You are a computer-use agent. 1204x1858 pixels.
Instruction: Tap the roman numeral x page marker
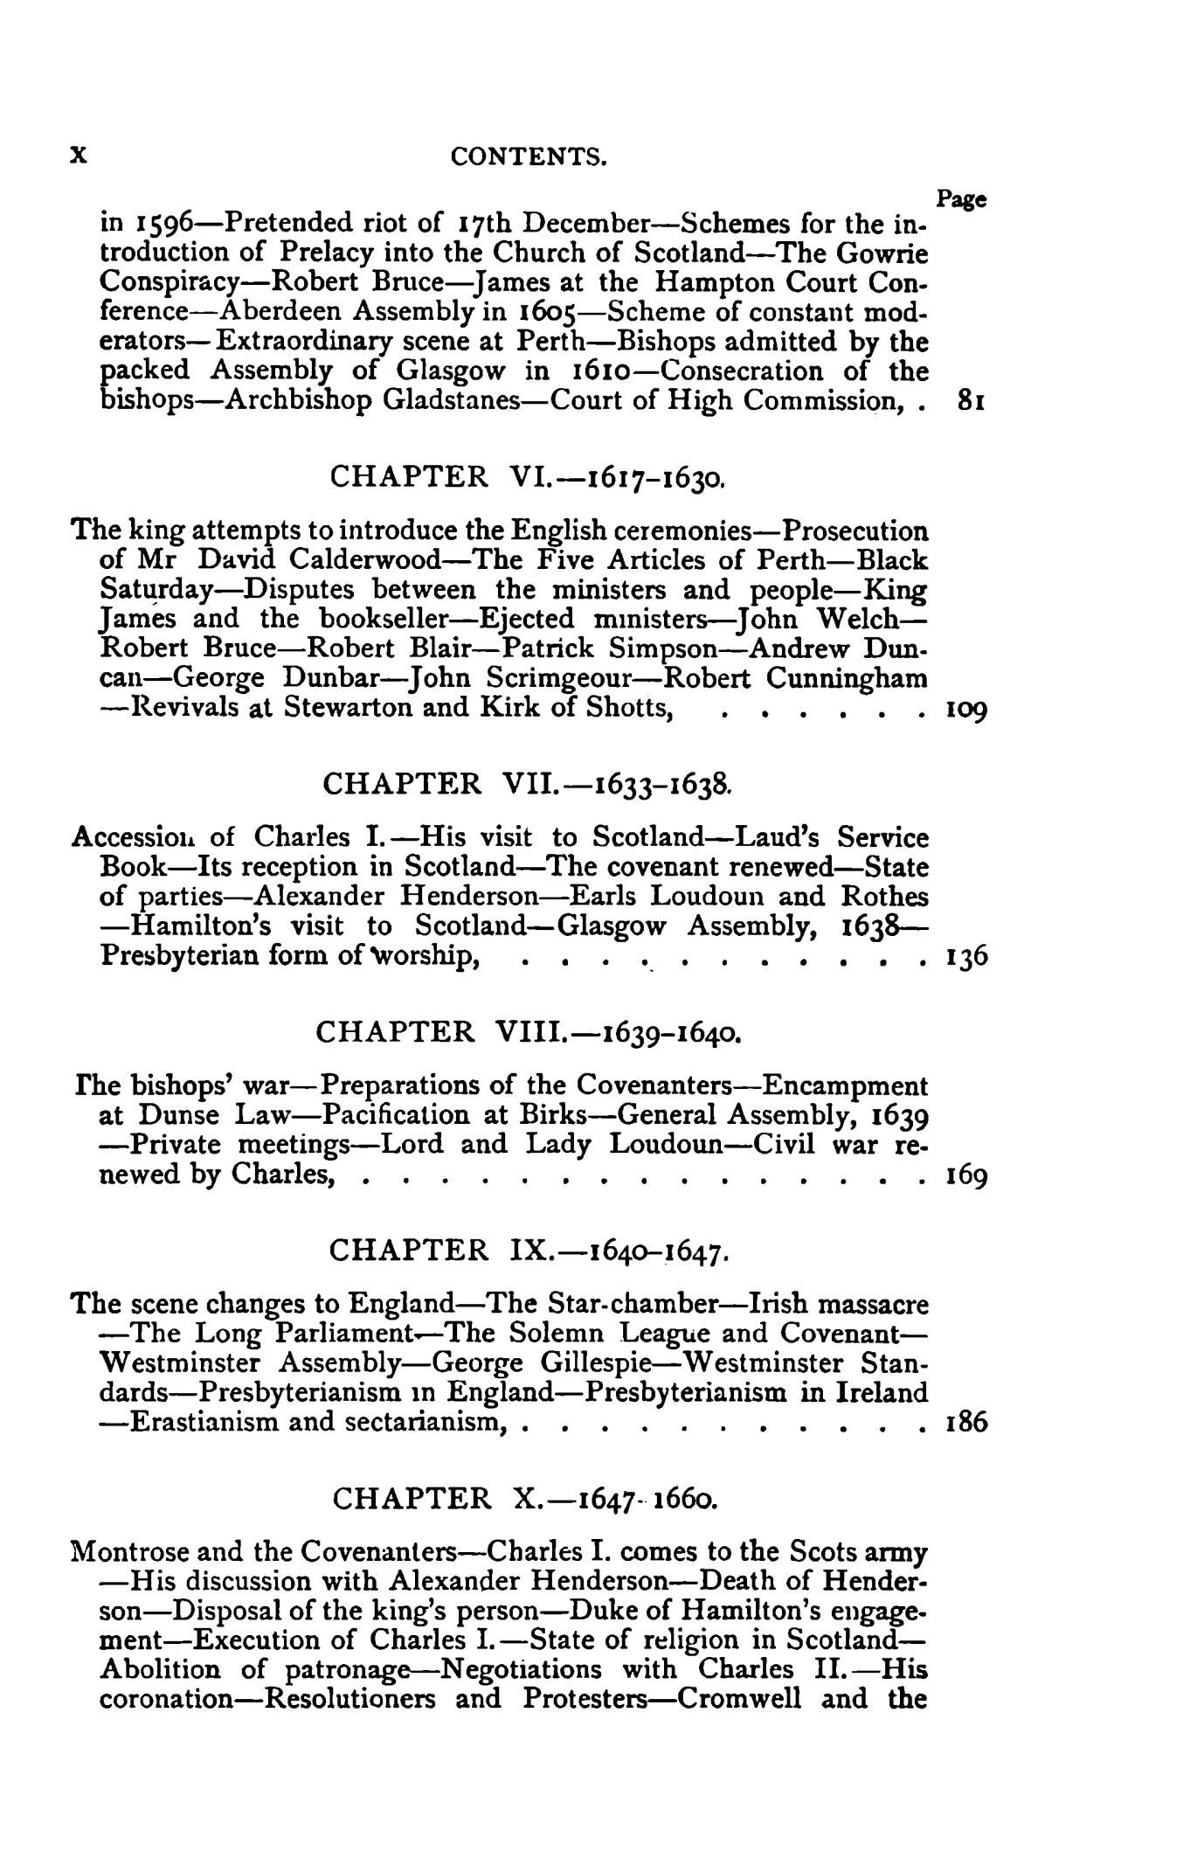[79, 155]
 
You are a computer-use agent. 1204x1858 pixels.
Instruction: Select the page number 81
[972, 401]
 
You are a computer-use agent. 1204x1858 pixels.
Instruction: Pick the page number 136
[967, 956]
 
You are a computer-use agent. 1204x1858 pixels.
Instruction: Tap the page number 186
[967, 1422]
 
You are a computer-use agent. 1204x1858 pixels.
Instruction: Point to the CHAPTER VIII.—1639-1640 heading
[529, 1032]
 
